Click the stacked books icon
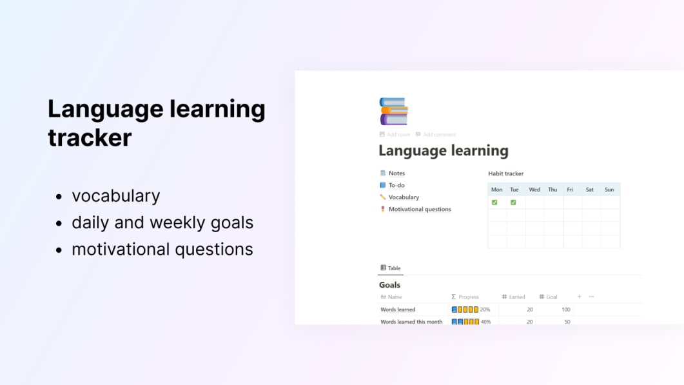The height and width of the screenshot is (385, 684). [x=393, y=111]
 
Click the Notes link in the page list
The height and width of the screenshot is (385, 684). [x=396, y=173]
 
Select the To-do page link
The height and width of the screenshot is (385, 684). [x=396, y=185]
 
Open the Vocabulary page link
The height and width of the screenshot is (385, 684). [x=404, y=197]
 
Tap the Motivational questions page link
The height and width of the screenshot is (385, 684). [x=419, y=209]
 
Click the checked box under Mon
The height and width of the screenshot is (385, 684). [x=494, y=202]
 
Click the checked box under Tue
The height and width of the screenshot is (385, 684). [x=513, y=202]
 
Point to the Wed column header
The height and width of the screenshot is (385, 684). [x=534, y=190]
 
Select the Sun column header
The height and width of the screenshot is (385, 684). [x=609, y=190]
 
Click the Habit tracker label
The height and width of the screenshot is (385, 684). [x=506, y=173]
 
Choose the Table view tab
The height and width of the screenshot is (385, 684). [x=391, y=268]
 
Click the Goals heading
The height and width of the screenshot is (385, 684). [x=389, y=284]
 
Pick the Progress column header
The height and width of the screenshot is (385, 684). [x=468, y=297]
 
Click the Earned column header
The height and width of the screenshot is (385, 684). [x=516, y=297]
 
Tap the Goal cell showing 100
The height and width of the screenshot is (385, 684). [x=565, y=310]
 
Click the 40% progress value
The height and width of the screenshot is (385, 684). [x=485, y=322]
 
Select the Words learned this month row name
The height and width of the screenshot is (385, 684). [x=411, y=322]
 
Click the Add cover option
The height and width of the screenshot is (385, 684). [x=398, y=135]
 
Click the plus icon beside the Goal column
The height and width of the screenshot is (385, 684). [x=579, y=297]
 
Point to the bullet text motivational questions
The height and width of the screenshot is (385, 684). [x=162, y=250]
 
